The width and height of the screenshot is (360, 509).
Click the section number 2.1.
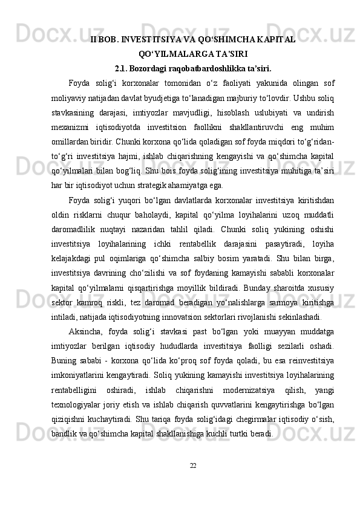pos(120,67)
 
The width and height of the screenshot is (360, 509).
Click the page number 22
pos(193,465)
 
